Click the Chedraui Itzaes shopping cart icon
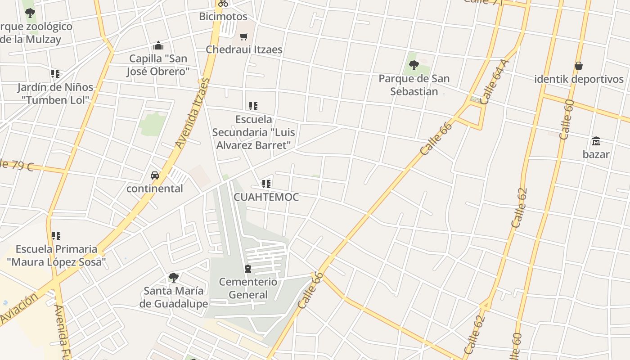coord(243,36)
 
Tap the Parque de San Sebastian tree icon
coord(414,65)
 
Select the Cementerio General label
coord(248,288)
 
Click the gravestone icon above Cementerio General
coord(248,269)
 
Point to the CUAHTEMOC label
coord(266,197)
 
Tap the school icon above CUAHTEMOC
coord(266,184)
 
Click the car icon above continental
coord(155,175)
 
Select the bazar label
coord(596,154)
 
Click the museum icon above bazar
coord(596,141)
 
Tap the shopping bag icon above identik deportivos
coord(579,66)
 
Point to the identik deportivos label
coord(579,79)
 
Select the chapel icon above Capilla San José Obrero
coord(158,45)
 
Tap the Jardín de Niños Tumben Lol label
coord(55,94)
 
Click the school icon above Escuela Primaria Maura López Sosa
coord(56,235)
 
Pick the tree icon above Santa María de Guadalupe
coord(173,277)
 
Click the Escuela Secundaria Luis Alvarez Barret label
coord(254,132)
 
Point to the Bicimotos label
coord(223,17)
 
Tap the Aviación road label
coord(19,309)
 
